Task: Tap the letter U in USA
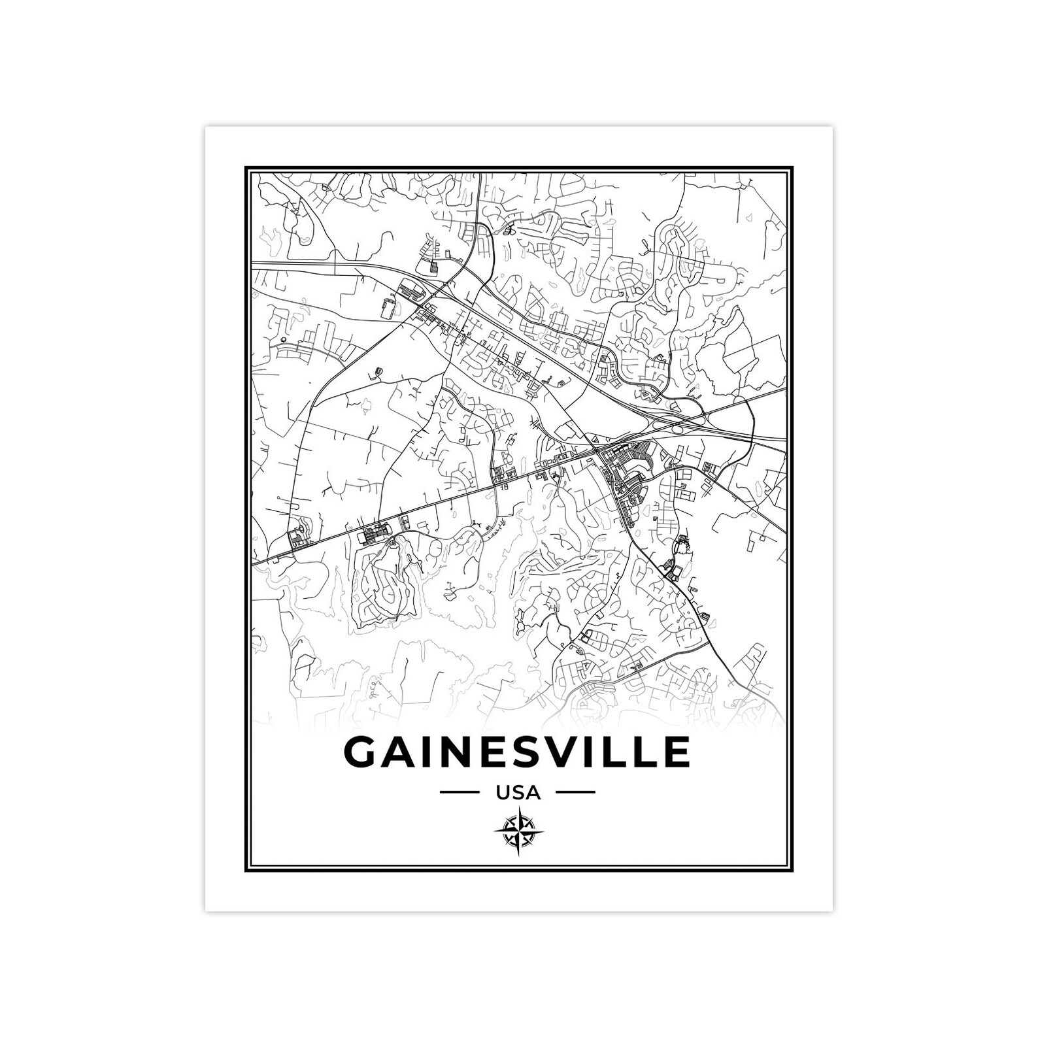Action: [x=503, y=793]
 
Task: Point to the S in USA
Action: [x=518, y=793]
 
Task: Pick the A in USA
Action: [x=533, y=793]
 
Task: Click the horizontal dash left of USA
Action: [x=460, y=793]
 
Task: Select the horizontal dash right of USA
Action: [x=575, y=793]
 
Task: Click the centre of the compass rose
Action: [x=519, y=831]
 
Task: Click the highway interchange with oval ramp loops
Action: [x=680, y=429]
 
